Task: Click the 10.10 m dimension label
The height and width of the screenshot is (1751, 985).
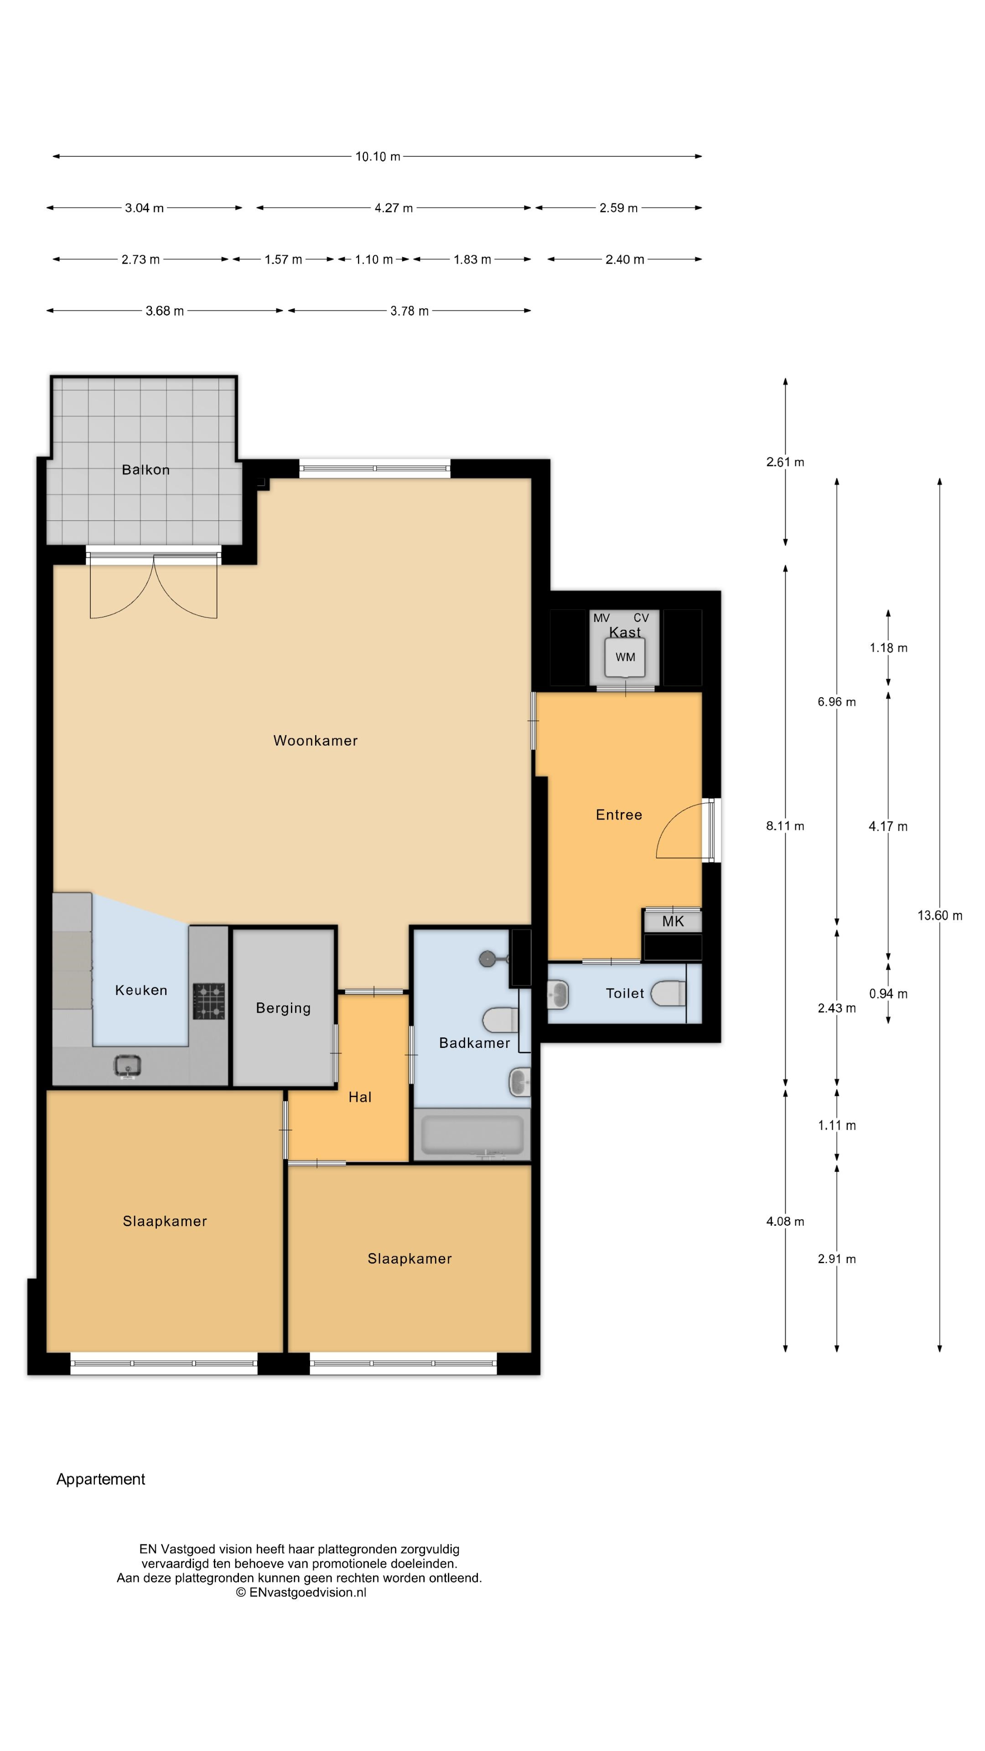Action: [377, 156]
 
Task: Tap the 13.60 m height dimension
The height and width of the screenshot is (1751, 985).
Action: [939, 915]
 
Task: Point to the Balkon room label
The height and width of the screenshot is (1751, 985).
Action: [145, 470]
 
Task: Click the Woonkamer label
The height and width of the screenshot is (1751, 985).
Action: [316, 740]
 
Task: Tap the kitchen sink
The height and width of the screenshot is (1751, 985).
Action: [128, 1066]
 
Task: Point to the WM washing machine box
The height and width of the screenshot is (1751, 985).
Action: [625, 657]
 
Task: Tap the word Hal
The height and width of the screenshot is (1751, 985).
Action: [360, 1097]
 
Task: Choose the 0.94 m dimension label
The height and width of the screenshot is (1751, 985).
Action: [888, 994]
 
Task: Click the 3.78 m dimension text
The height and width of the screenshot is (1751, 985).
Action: [409, 311]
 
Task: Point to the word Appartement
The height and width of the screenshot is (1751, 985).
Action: [101, 1479]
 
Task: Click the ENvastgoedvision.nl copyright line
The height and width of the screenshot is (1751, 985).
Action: [301, 1592]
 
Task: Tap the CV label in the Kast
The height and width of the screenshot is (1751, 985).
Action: [641, 618]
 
